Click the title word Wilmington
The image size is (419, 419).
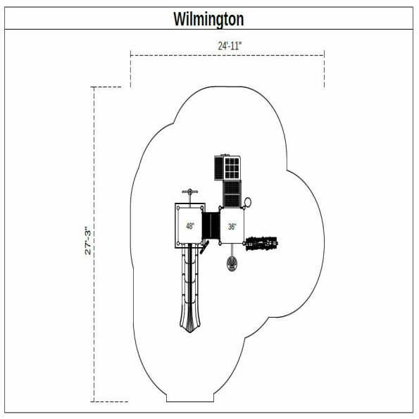[x=208, y=19]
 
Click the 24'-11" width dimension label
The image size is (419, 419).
[x=230, y=45]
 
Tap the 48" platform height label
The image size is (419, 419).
[x=190, y=226]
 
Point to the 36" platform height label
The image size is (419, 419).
[x=232, y=226]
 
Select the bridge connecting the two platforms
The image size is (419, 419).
[x=211, y=226]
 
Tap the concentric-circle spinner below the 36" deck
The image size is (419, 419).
[x=232, y=265]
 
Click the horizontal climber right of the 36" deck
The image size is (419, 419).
[x=263, y=244]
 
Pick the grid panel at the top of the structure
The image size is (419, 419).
[x=232, y=168]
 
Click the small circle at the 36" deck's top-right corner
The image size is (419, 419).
[x=247, y=203]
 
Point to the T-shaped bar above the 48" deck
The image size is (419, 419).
[x=188, y=193]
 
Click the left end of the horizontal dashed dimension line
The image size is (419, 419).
[x=130, y=54]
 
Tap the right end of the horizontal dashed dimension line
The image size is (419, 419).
[x=324, y=54]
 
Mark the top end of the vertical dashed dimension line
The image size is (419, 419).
[x=94, y=87]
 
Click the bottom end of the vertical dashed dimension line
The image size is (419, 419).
[x=94, y=401]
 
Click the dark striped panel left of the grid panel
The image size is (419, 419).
[x=218, y=168]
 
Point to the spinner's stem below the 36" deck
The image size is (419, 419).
[x=232, y=251]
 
